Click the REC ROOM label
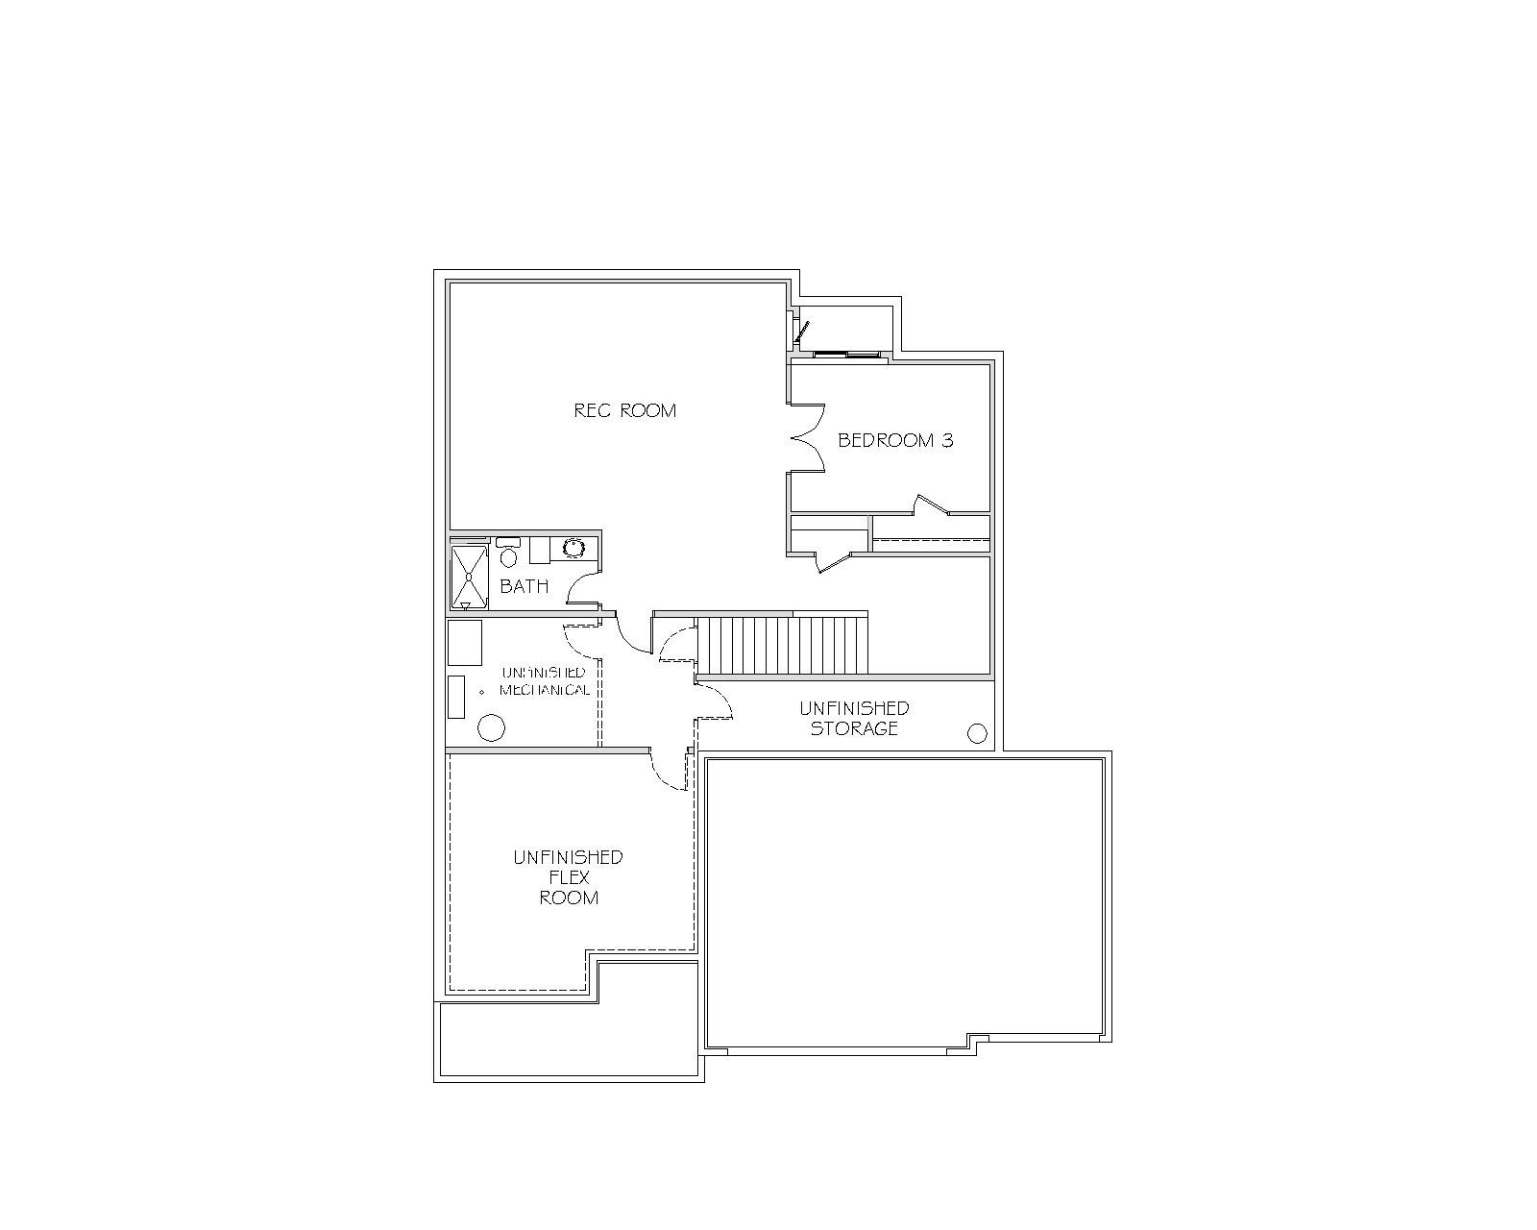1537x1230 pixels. click(x=625, y=410)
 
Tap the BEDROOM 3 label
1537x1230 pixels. click(x=895, y=440)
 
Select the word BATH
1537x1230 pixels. click(x=525, y=586)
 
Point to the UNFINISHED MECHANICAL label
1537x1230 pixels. click(x=545, y=681)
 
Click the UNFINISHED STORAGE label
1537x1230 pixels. click(x=854, y=718)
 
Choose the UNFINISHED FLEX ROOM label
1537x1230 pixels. click(x=569, y=877)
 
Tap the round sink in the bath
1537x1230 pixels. click(x=573, y=548)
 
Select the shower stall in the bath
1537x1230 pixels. click(x=469, y=577)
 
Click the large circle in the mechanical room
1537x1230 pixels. click(x=491, y=727)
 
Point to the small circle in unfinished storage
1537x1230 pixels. click(x=977, y=733)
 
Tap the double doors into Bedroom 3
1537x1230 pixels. click(x=808, y=438)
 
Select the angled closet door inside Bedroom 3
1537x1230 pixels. click(x=932, y=504)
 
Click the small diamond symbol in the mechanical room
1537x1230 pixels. click(x=481, y=692)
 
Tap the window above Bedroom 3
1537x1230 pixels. click(x=846, y=354)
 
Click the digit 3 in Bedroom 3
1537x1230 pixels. click(x=948, y=440)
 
